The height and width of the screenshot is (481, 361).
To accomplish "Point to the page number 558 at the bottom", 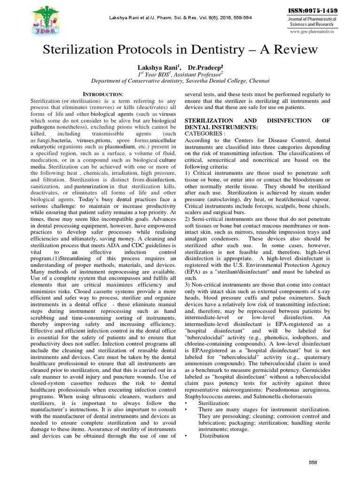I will click(x=313, y=462).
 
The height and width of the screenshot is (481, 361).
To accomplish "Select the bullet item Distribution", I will click(x=215, y=436).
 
